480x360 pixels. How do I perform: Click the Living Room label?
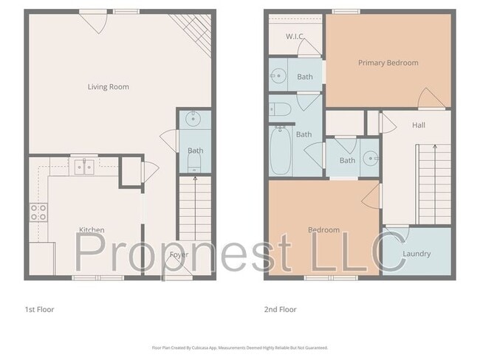(x=109, y=87)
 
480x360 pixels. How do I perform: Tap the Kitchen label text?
(x=92, y=230)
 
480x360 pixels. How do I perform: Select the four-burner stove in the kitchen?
(x=38, y=212)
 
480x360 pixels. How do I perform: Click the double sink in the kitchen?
(x=84, y=167)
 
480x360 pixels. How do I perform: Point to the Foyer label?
(x=179, y=255)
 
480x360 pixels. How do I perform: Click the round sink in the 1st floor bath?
(x=194, y=119)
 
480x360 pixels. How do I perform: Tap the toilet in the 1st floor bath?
(x=195, y=170)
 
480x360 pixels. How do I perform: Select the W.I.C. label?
(x=296, y=36)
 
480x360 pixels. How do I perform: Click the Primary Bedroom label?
(x=388, y=63)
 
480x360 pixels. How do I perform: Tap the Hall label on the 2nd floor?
(x=419, y=125)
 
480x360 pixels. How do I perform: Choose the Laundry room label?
(x=416, y=254)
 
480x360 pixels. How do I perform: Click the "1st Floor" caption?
(x=39, y=309)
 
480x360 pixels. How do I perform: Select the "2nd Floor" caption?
(x=281, y=309)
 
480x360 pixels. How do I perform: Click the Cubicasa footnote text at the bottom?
(x=239, y=347)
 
